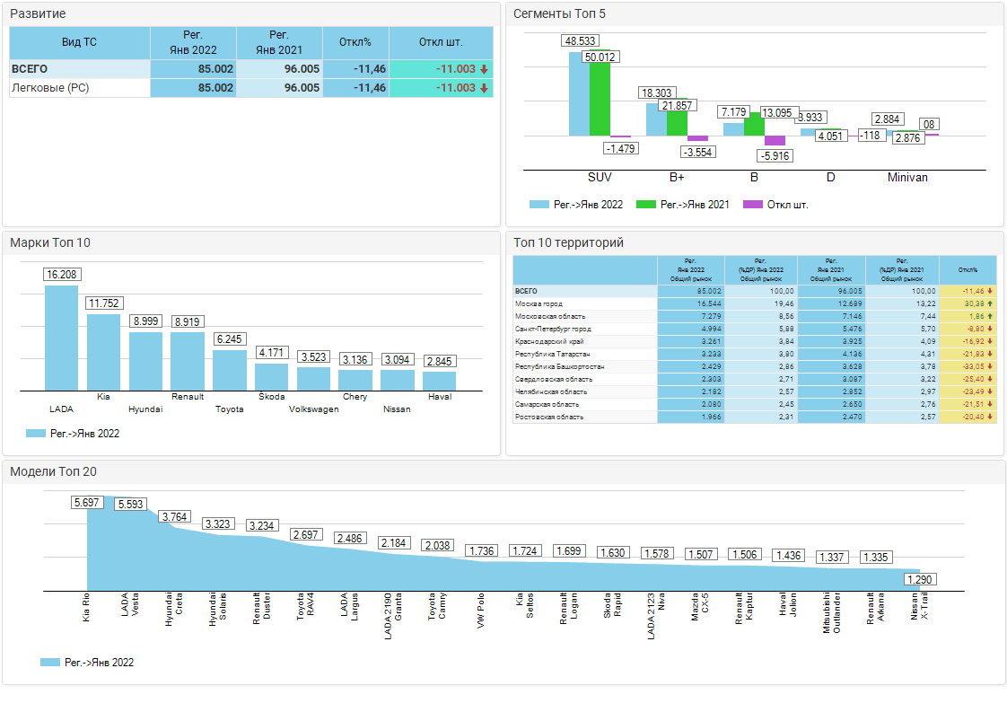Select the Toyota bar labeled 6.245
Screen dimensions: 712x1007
[230, 370]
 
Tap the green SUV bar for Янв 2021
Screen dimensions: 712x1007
[600, 99]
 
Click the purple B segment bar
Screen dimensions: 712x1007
[775, 141]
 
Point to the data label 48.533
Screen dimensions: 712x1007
[581, 41]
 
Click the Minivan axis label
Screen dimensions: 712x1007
[907, 178]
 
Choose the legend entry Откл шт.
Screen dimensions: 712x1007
[787, 205]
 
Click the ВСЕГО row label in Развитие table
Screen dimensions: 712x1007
[30, 69]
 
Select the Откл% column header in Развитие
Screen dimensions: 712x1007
[355, 43]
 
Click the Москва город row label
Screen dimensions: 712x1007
[539, 304]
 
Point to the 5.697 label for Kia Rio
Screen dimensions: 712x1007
[87, 503]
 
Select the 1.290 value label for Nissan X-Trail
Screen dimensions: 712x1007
[919, 580]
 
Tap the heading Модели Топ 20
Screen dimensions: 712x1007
[53, 472]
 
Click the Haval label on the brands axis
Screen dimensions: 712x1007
[440, 397]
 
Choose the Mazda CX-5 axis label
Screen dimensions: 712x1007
[701, 611]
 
